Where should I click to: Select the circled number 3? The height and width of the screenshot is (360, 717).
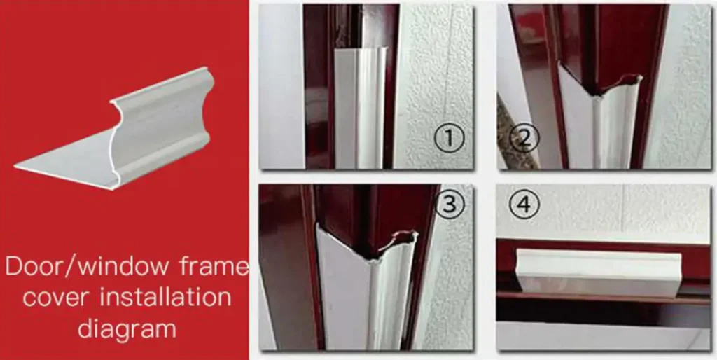pyautogui.click(x=450, y=205)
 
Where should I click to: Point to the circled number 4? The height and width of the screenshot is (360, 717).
pyautogui.click(x=524, y=205)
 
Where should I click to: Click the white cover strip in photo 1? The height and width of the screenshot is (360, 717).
pyautogui.click(x=361, y=107)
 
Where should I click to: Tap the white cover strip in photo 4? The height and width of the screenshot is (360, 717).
pyautogui.click(x=599, y=272)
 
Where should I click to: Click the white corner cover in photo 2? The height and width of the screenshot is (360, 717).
pyautogui.click(x=594, y=123)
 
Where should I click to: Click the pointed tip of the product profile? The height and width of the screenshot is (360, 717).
pyautogui.click(x=15, y=167)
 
